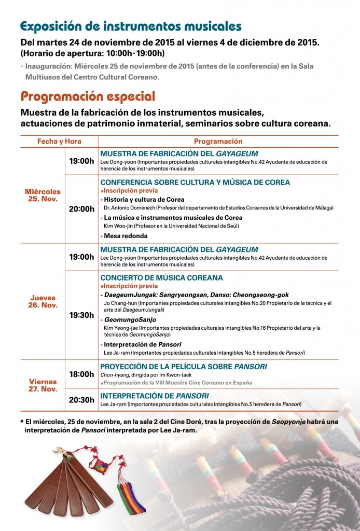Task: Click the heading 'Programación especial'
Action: click(x=88, y=96)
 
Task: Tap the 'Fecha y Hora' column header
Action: click(x=59, y=142)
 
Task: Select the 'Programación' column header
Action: click(x=218, y=142)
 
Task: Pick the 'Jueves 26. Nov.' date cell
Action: click(x=43, y=301)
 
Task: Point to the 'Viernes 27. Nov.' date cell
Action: click(x=43, y=385)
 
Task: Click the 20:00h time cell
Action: click(x=81, y=209)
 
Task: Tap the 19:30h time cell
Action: click(x=81, y=315)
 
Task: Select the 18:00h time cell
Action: click(x=81, y=374)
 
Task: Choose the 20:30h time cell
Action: click(x=81, y=399)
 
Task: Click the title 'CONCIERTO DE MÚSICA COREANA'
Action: click(x=161, y=278)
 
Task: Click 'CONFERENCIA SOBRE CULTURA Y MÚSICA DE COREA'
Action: click(x=195, y=183)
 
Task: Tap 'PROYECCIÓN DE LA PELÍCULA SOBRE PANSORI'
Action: click(x=183, y=367)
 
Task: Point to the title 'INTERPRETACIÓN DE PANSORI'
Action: click(x=154, y=396)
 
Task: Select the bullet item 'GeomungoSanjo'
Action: click(x=125, y=320)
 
